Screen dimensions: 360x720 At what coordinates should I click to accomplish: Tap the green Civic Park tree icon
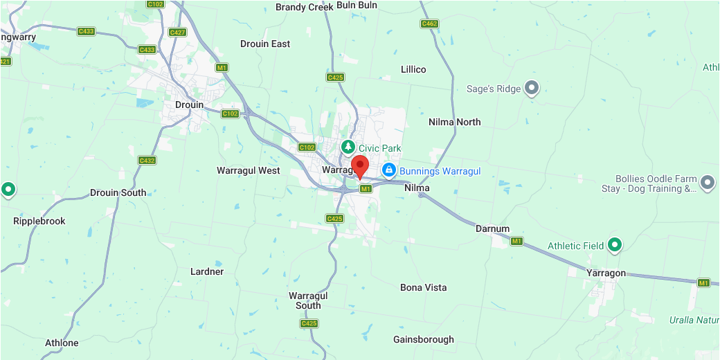click(x=348, y=147)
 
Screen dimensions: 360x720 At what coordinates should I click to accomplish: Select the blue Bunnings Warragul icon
click(x=389, y=170)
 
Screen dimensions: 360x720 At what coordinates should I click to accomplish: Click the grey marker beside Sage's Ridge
click(x=532, y=88)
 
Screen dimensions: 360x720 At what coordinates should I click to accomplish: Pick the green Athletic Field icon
click(x=614, y=244)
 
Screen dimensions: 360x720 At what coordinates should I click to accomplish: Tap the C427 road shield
click(x=177, y=33)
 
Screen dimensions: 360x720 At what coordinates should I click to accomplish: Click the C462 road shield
click(x=429, y=24)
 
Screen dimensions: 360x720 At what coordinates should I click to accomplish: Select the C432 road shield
click(x=147, y=161)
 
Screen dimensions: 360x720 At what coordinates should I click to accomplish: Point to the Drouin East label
click(x=265, y=44)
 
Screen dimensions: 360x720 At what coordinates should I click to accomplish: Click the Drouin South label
click(x=118, y=192)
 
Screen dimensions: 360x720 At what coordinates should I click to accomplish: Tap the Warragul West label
click(x=249, y=170)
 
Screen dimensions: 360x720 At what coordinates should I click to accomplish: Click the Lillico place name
click(x=413, y=69)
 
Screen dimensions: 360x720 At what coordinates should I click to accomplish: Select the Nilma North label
click(x=455, y=122)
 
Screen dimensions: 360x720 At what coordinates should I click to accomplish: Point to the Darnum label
click(x=492, y=228)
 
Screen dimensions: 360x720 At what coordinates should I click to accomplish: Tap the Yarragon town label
click(x=606, y=273)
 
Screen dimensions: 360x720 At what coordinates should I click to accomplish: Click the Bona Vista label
click(x=424, y=287)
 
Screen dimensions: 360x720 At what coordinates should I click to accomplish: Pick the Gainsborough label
click(x=424, y=339)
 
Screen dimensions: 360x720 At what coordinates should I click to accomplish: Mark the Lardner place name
click(x=207, y=271)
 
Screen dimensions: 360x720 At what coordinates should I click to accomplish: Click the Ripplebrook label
click(x=39, y=221)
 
